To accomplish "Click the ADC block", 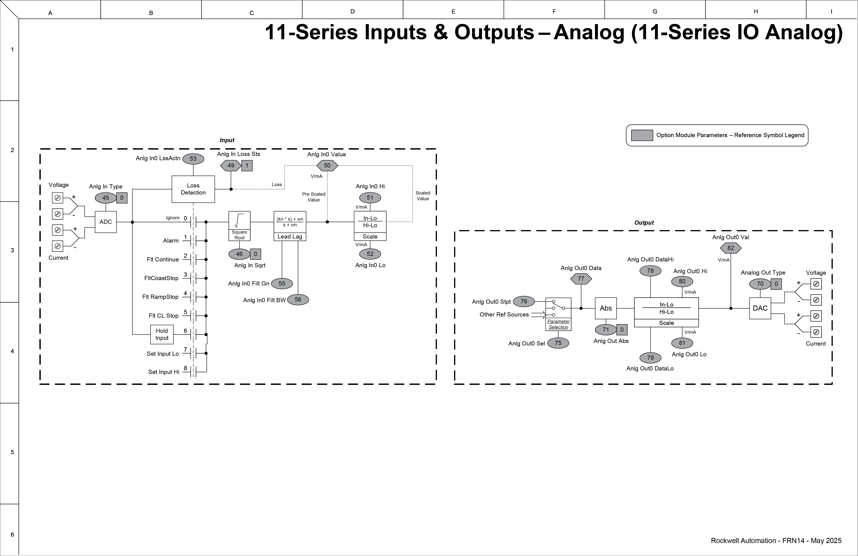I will pos(106,222).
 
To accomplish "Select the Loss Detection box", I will pos(193,189).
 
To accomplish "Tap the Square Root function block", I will pos(239,226).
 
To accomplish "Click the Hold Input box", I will pos(162,334).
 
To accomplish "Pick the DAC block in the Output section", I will pos(760,308).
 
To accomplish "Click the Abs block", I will pos(606,308).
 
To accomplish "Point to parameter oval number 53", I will pos(193,159).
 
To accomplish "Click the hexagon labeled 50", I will pos(327,166).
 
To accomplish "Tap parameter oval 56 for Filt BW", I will pos(298,300).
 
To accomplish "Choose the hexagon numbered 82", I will pos(730,248).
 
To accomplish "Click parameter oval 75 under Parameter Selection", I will pos(558,343).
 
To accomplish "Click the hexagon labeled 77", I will pos(581,279).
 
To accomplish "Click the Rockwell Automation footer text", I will pos(776,541).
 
